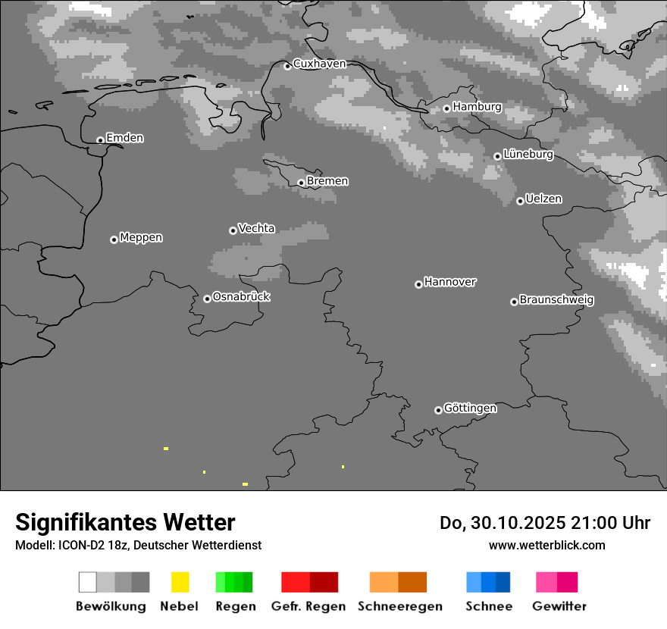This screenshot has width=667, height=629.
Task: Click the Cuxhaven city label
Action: coord(319,64)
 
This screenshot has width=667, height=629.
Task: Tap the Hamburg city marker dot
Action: coord(447,108)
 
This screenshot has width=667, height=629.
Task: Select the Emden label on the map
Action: coord(124,138)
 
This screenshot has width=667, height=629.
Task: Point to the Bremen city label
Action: coord(327,181)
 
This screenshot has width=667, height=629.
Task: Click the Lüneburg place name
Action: coord(528,155)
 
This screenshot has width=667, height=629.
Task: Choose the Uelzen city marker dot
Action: coord(520,201)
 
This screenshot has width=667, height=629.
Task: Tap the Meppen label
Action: coord(141,238)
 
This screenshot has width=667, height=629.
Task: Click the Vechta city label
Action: coord(256,228)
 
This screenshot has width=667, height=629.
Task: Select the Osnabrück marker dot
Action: coord(207,299)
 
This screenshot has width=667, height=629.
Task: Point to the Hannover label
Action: coord(450,282)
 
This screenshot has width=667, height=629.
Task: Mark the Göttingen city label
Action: coord(470,408)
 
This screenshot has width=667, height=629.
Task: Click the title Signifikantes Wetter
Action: coord(125,523)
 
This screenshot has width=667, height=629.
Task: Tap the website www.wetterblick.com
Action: coord(547,545)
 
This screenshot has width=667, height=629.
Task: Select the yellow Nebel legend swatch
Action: coord(180,582)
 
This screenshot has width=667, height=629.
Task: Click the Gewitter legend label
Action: coord(559,606)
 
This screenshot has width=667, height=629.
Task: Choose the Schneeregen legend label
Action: coord(400,606)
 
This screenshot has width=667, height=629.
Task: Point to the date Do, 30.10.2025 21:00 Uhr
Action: coord(545,523)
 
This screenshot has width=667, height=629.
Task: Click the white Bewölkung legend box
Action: coord(88,582)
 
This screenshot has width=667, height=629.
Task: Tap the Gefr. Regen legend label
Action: coord(308,606)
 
